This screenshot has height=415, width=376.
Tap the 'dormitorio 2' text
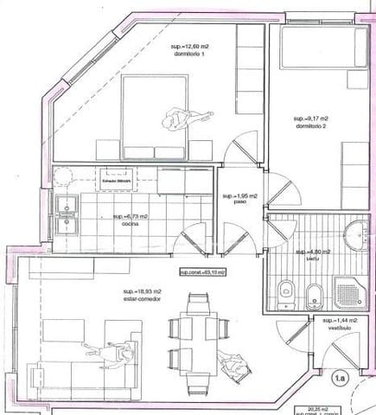[x=311, y=127]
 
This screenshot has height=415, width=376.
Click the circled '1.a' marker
[x=341, y=378]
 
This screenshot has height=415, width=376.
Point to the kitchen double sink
[x=67, y=215]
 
